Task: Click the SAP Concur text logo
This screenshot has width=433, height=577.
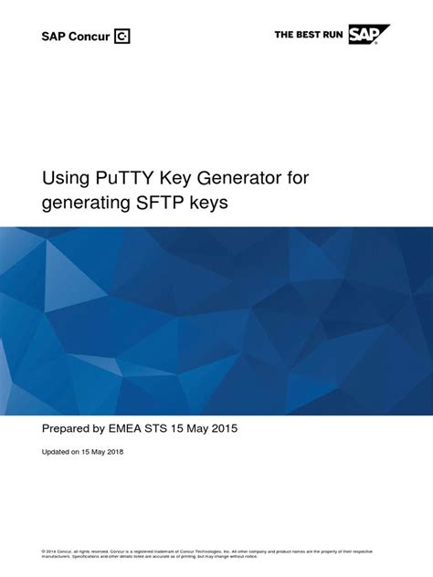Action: click(76, 37)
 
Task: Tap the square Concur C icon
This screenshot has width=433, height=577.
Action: click(122, 37)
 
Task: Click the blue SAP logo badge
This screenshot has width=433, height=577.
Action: click(368, 35)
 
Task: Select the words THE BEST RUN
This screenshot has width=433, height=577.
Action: click(309, 35)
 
